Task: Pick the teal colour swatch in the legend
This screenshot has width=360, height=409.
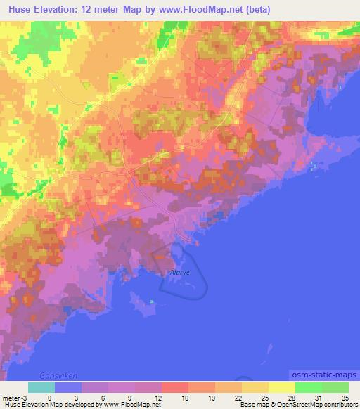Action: click(x=41, y=387)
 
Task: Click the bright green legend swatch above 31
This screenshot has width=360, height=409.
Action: click(x=308, y=387)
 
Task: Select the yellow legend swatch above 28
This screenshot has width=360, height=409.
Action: click(x=281, y=387)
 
